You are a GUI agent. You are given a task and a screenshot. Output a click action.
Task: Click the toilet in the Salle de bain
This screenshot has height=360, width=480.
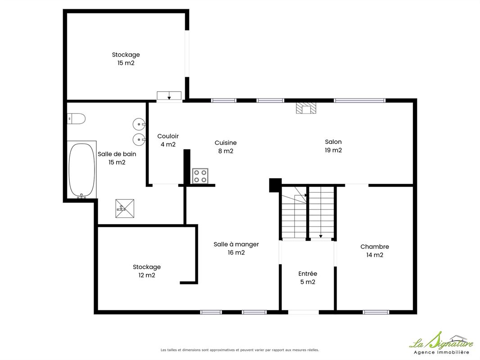[76, 119]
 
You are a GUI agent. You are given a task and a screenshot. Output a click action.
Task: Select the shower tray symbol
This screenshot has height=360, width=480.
[125, 208]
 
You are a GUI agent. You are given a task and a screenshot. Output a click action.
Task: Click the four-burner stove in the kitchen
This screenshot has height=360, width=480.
[200, 176]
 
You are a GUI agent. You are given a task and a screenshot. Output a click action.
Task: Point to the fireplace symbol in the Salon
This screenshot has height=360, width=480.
[306, 108]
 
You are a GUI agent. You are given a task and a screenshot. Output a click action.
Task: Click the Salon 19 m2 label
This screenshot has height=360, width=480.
[333, 146]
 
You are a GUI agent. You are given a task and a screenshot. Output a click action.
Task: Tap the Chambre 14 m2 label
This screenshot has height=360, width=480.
[375, 251]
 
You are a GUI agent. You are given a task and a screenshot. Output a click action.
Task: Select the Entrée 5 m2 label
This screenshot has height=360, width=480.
[308, 278]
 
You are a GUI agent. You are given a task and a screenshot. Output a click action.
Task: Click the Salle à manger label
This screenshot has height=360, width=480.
[236, 244]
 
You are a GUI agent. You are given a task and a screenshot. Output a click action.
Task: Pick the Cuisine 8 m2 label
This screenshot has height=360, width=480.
[226, 147]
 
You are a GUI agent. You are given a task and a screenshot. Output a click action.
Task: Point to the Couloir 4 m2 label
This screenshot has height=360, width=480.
[168, 140]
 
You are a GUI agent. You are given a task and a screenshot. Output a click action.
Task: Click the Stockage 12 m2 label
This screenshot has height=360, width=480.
[147, 271]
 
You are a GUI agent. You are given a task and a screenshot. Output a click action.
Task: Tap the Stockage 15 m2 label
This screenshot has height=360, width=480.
[126, 59]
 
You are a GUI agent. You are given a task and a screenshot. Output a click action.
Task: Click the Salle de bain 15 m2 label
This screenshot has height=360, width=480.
[117, 158]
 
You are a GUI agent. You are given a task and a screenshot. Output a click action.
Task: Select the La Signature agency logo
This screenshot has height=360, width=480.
[441, 343]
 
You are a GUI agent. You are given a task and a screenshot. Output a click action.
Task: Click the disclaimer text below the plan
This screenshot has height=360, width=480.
[240, 350]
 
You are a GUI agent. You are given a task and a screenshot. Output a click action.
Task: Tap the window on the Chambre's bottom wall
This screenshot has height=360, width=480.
[376, 312]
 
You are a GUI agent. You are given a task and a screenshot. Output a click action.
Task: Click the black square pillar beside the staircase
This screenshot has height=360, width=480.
[275, 185]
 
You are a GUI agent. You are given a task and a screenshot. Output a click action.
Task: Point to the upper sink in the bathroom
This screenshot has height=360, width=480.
[139, 124]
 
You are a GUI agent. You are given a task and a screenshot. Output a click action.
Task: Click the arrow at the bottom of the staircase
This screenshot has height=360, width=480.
[321, 236]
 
